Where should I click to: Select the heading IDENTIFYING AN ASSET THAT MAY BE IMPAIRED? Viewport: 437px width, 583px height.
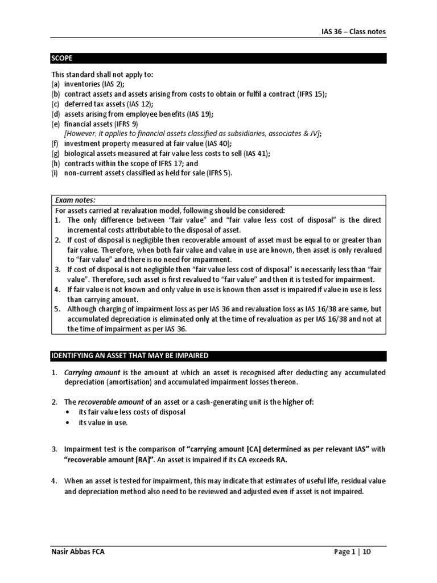pos(130,356)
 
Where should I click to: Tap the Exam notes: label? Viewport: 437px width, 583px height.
pos(75,200)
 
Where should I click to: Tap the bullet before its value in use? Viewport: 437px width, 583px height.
pos(69,422)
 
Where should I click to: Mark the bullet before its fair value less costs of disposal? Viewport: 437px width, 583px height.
pos(69,412)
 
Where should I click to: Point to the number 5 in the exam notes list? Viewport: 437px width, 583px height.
pos(57,309)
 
